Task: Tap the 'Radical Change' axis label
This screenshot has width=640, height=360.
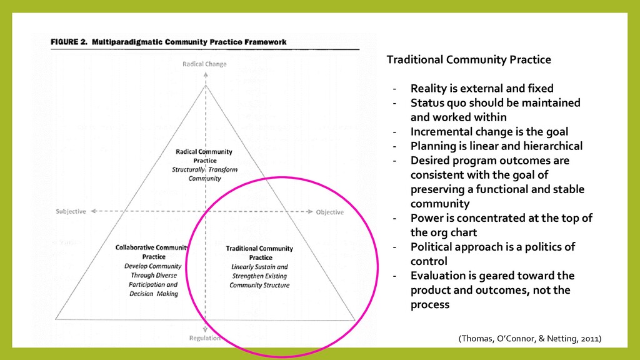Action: [x=204, y=64]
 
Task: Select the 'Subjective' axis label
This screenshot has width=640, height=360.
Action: [x=71, y=211]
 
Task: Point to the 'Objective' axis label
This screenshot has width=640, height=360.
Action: [x=329, y=212]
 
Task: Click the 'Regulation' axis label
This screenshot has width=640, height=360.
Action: [x=204, y=338]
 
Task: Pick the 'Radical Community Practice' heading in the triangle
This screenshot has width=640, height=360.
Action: [x=204, y=156]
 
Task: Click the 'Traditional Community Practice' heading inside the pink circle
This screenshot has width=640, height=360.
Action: [x=259, y=252]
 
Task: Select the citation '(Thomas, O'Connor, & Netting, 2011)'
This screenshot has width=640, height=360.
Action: [x=530, y=339]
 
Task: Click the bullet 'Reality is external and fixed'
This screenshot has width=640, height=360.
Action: [x=481, y=88]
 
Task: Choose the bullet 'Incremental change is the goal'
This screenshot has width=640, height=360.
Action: [x=489, y=132]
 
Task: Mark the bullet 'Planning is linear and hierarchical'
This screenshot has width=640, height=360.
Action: [x=496, y=146]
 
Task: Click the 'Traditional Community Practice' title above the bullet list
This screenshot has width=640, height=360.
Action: [x=469, y=60]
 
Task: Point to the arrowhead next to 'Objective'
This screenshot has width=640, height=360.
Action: [x=309, y=212]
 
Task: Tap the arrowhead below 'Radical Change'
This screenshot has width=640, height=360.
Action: [x=205, y=74]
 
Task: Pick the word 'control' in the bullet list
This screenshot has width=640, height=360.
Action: [x=429, y=261]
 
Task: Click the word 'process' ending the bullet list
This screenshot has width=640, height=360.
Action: [x=429, y=305]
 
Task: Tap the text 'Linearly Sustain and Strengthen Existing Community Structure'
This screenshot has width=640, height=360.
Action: [x=259, y=276]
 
